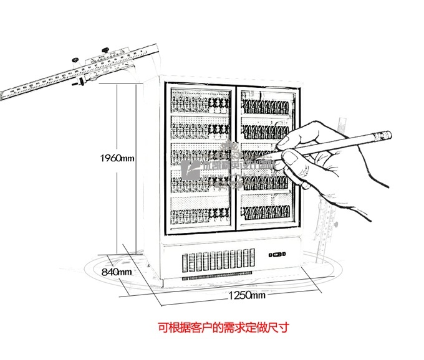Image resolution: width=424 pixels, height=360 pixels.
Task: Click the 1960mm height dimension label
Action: pos(117,158)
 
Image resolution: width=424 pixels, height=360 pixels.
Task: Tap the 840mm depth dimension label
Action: pos(116,272)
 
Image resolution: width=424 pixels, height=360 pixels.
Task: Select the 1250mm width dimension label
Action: pos(246,295)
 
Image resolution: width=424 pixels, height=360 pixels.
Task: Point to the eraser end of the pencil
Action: pos(386,133)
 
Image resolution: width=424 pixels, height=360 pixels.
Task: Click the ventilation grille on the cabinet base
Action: pos(218,264)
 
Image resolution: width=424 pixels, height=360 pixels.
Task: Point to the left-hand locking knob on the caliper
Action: pos(75,60)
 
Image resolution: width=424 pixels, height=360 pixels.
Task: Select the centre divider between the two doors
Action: pos(235,156)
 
